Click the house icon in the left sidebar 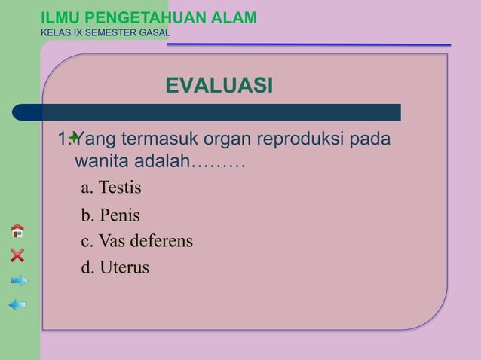point(17,230)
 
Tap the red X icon point(17,255)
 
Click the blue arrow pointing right point(19,280)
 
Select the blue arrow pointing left point(17,304)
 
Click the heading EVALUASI point(219,86)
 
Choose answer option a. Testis point(111,186)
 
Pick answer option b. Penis point(110,215)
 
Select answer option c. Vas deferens point(136,242)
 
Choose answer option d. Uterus point(115,267)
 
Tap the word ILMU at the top point(60,17)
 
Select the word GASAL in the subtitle point(154,33)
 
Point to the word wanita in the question point(102,162)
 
